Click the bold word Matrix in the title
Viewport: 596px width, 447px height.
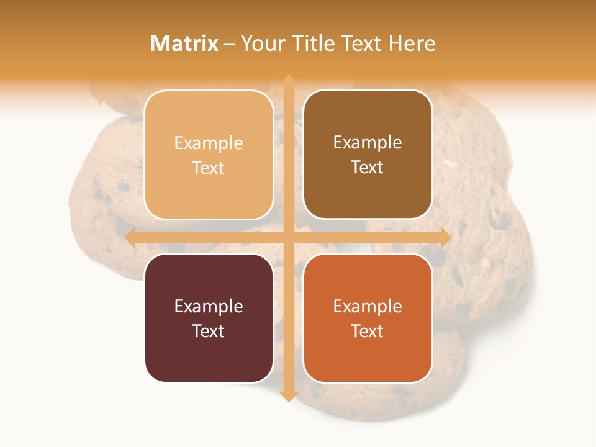click(x=184, y=43)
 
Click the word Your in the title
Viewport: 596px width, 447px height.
click(x=261, y=43)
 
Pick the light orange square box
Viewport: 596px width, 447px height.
click(x=209, y=155)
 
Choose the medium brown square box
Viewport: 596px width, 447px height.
click(x=368, y=155)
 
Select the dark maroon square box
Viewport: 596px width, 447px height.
click(x=209, y=318)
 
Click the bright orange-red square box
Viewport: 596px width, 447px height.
click(x=368, y=318)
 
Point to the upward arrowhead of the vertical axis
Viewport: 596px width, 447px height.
click(x=288, y=81)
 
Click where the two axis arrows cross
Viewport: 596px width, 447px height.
click(x=288, y=237)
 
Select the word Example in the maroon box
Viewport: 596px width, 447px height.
click(x=209, y=306)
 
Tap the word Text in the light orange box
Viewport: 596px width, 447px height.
click(x=209, y=168)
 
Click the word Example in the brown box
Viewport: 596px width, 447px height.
click(x=368, y=143)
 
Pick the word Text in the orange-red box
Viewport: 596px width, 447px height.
click(x=368, y=331)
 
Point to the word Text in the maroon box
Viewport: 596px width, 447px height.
click(x=209, y=331)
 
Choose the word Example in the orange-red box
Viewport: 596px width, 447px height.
click(x=368, y=306)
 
